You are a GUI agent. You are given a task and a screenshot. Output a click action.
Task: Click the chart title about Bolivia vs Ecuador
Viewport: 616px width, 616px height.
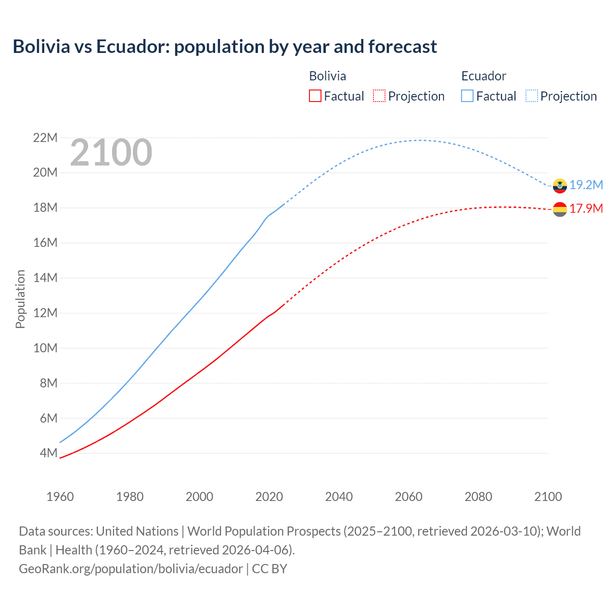pos(225,47)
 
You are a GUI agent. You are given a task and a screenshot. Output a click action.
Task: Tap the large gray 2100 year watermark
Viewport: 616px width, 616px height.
pos(111,153)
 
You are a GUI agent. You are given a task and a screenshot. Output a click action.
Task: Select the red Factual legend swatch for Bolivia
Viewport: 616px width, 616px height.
pos(315,96)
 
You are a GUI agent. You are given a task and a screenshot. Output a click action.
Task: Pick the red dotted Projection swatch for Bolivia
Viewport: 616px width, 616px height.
pos(379,96)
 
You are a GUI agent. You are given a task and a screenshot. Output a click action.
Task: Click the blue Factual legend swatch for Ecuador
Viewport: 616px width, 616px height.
pos(467,96)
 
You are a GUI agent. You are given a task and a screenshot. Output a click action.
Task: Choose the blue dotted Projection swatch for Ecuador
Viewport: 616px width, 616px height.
pos(532,96)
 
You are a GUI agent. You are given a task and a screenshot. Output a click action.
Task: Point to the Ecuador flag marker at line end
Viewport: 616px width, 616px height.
pos(560,185)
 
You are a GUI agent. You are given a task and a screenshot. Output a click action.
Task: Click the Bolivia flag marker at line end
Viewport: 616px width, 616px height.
pos(560,209)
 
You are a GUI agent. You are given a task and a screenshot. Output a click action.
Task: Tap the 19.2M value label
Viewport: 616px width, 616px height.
pos(586,185)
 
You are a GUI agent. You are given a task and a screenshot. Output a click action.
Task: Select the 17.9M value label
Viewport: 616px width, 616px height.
pos(586,209)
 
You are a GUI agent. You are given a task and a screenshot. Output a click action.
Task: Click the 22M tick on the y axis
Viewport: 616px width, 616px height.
pos(45,138)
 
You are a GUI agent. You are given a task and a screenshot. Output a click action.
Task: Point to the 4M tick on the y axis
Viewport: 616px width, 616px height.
pos(49,453)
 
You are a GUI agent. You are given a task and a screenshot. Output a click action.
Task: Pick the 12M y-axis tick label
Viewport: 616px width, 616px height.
pos(45,313)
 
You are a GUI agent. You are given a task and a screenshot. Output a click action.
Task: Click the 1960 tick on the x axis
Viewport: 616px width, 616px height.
pos(60,497)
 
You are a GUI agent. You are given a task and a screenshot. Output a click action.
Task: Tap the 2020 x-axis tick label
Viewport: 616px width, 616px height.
pos(269,497)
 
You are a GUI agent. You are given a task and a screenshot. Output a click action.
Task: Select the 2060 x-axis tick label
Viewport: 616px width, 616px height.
pos(409,497)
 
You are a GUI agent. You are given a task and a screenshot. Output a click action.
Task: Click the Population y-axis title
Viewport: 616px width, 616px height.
pos(20,299)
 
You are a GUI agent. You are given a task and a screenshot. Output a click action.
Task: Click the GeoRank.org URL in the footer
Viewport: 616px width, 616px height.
pos(131,569)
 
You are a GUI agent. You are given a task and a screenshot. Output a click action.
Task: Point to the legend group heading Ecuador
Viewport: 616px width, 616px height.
pos(484,76)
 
